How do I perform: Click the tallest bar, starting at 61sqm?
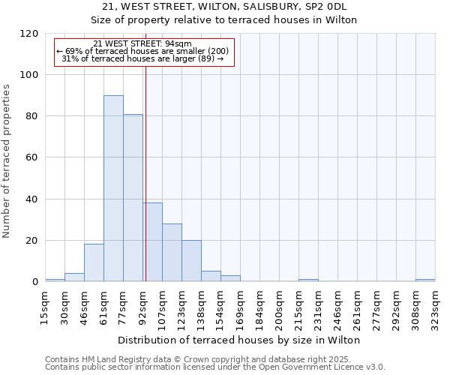(x=113, y=188)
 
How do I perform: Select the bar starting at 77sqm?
(x=133, y=198)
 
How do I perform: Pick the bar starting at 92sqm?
(x=153, y=242)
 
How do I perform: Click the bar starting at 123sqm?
(x=191, y=261)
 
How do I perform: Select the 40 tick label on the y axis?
(x=32, y=199)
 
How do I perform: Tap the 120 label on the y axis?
(x=29, y=34)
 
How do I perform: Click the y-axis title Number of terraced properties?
(x=7, y=160)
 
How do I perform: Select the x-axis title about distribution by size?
(x=240, y=340)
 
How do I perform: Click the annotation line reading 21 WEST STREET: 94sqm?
(x=142, y=43)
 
